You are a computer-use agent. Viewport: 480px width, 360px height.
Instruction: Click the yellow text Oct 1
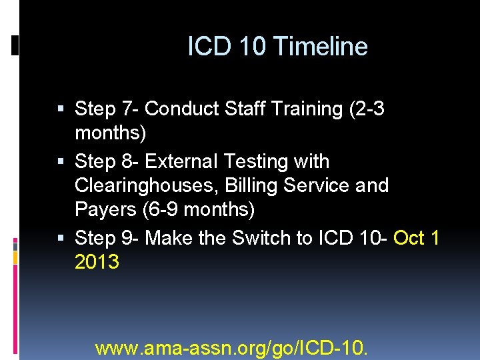(x=417, y=238)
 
